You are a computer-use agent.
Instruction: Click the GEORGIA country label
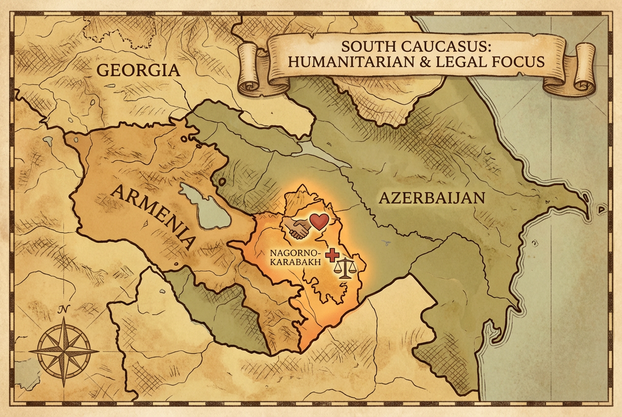point(138,70)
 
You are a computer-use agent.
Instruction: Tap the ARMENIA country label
point(153,215)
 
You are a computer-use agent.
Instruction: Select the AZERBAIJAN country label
point(432,198)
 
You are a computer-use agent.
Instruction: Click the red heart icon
point(318,222)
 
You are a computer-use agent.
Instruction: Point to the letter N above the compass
point(62,310)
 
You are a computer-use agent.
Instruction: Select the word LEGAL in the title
point(466,62)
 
